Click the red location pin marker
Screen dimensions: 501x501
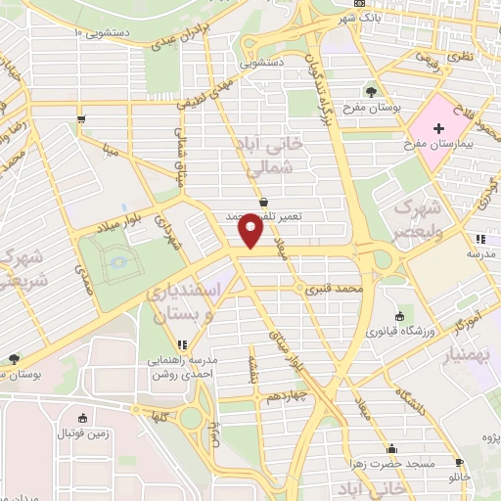[250, 231]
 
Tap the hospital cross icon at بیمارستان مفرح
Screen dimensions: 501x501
[438, 128]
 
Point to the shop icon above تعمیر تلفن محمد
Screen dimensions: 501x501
[263, 202]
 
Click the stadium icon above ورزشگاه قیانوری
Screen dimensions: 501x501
[400, 316]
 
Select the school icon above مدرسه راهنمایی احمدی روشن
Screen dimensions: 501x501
[182, 344]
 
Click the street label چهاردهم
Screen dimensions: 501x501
[286, 397]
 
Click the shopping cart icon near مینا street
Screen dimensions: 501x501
[80, 120]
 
